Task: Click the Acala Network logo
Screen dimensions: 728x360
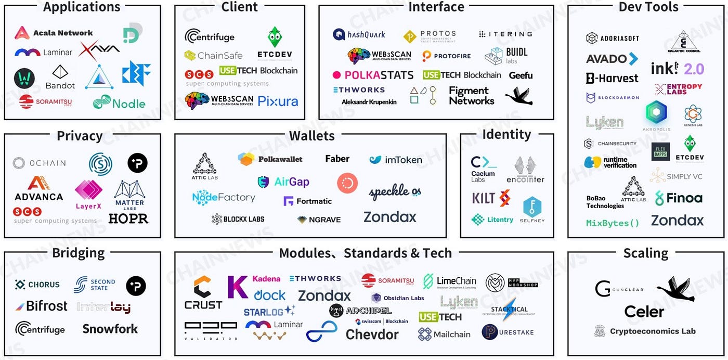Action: pos(54,33)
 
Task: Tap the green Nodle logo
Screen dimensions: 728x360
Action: pos(119,102)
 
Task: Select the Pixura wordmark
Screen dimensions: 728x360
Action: pos(278,101)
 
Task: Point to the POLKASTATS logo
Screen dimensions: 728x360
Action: pos(373,75)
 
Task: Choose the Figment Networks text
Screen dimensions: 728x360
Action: pos(471,96)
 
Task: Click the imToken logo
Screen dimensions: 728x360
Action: pos(396,160)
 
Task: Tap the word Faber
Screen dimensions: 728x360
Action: pos(337,159)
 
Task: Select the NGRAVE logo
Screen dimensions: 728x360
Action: pos(319,220)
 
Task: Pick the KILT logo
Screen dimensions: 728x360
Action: pos(490,198)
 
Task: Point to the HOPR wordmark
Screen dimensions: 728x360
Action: pos(128,218)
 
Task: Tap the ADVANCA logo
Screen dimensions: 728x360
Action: pos(38,189)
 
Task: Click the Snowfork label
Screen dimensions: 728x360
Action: pos(110,329)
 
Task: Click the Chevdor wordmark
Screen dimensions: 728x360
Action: pos(372,334)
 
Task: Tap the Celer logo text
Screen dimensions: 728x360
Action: pos(644,312)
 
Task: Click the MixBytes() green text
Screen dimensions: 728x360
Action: pos(612,223)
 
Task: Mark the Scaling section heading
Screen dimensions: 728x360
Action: pos(645,253)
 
